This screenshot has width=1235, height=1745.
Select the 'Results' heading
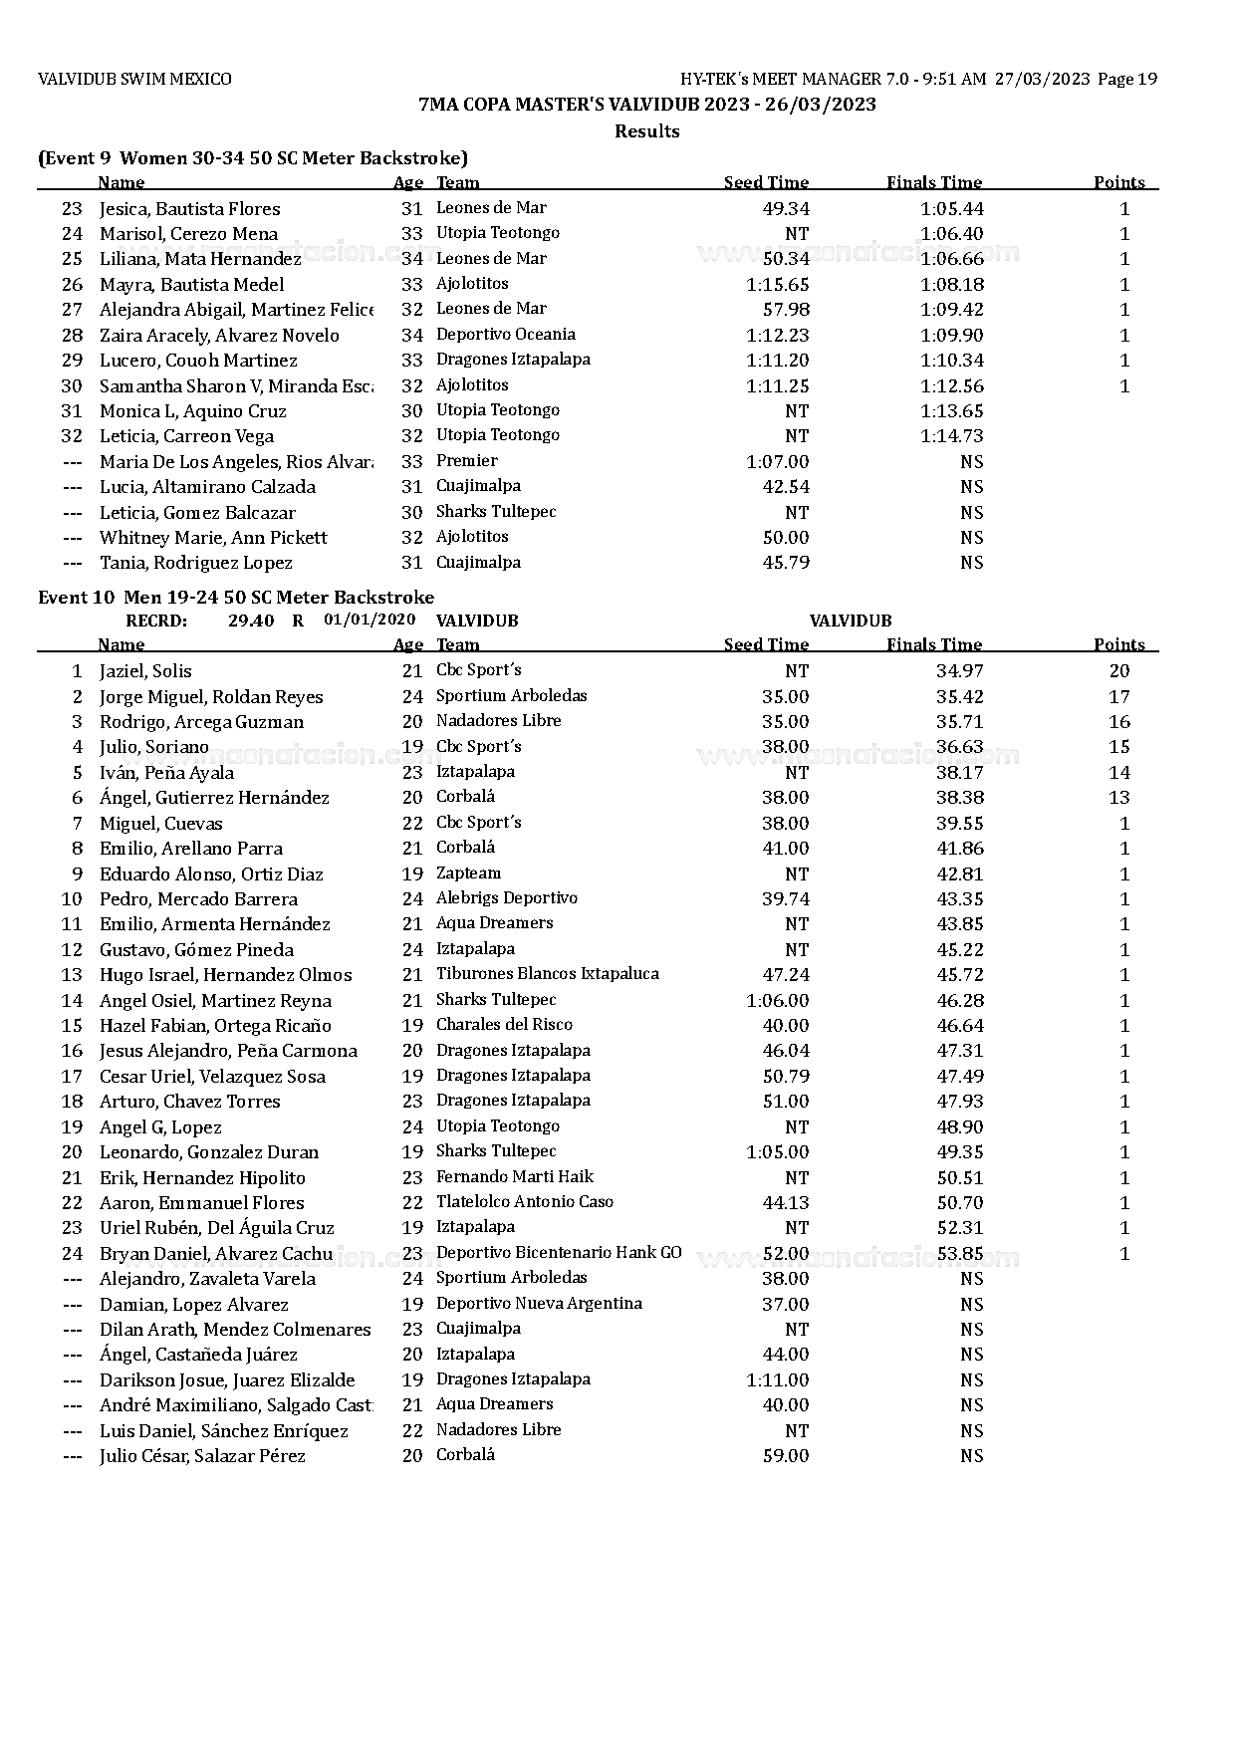point(647,131)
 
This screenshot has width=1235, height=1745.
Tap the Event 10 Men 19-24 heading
point(236,598)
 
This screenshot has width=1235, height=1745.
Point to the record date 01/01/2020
point(370,620)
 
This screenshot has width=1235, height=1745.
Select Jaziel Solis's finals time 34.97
point(959,671)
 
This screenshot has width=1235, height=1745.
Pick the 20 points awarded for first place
point(1118,671)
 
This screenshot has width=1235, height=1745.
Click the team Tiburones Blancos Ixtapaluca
point(547,974)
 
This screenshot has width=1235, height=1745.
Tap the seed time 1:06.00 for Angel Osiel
point(777,1000)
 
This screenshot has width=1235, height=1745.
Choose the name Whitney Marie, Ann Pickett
point(213,538)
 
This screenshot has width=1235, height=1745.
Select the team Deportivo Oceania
point(505,335)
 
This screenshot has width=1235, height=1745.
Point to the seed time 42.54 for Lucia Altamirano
point(785,487)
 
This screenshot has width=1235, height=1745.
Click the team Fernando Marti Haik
point(514,1177)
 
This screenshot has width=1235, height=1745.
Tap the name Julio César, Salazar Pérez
point(202,1456)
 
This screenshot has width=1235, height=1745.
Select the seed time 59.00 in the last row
point(785,1456)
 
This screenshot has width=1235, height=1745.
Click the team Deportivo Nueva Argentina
point(539,1304)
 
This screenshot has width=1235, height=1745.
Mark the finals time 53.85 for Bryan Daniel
point(959,1253)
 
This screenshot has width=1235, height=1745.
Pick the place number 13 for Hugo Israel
point(72,975)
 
